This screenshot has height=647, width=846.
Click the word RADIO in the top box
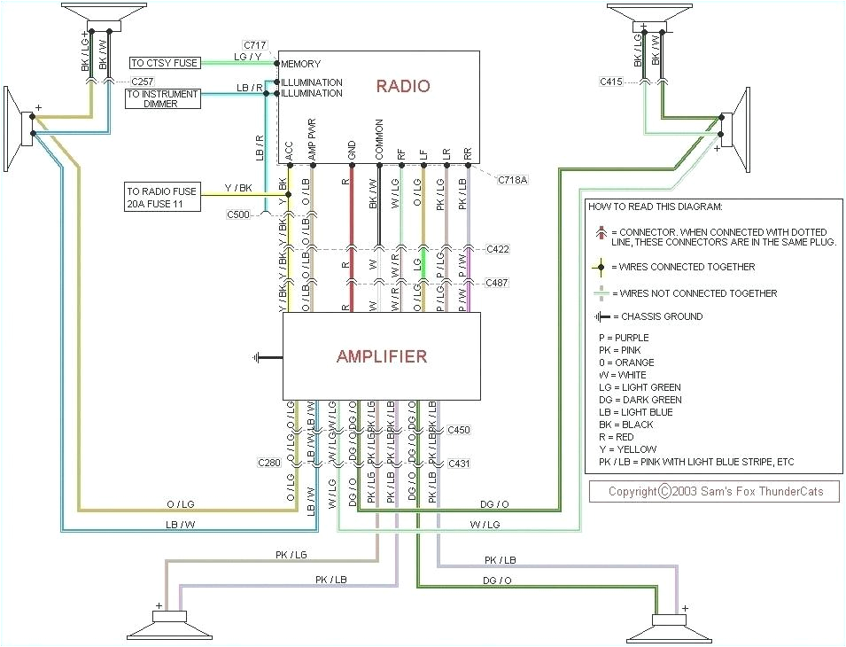click(403, 86)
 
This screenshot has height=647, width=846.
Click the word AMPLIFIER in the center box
click(381, 357)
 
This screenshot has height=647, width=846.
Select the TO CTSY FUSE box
click(163, 63)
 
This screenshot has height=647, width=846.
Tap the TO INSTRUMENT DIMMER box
click(163, 98)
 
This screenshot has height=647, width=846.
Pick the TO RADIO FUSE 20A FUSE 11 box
click(162, 198)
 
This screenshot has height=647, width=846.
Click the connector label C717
click(256, 44)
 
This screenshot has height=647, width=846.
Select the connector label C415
click(610, 82)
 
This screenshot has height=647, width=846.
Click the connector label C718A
click(511, 180)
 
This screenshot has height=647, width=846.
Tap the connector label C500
click(238, 214)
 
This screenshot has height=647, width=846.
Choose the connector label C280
click(270, 464)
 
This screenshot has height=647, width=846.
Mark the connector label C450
click(459, 430)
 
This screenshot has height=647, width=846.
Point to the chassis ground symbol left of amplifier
click(257, 358)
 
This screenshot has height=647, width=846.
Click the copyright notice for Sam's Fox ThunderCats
click(714, 492)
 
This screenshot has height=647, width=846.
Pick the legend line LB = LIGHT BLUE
click(636, 412)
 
